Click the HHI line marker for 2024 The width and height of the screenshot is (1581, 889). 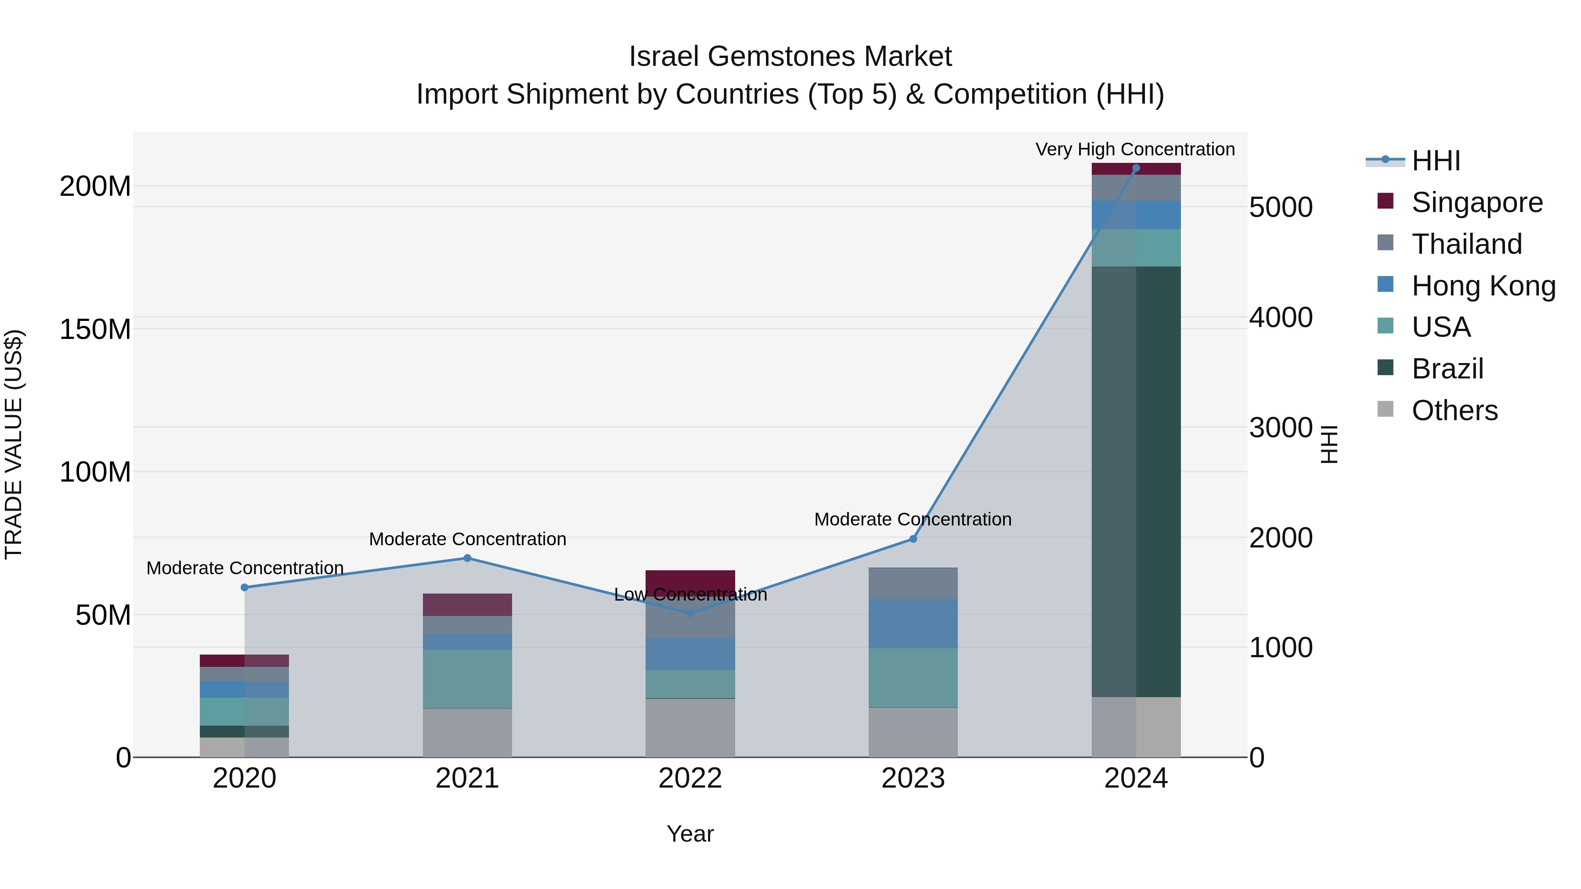(x=1135, y=168)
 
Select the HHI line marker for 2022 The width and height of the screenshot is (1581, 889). (x=690, y=613)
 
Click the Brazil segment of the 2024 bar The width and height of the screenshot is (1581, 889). (x=1135, y=482)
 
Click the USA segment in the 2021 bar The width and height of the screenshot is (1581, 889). (x=467, y=679)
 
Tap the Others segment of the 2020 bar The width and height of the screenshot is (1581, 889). (x=244, y=747)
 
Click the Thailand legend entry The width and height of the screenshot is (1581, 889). (x=1466, y=244)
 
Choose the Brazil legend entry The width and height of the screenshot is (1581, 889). (x=1447, y=369)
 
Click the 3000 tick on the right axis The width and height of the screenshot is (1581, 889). (x=1280, y=428)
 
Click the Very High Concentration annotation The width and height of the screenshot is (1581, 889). (x=1135, y=149)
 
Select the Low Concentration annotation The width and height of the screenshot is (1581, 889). (x=690, y=594)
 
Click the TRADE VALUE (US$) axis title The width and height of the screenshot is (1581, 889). (x=14, y=444)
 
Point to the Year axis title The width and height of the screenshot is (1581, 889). (x=690, y=834)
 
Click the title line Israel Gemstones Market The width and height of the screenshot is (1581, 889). (x=790, y=57)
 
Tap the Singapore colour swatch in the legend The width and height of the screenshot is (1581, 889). (x=1385, y=201)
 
